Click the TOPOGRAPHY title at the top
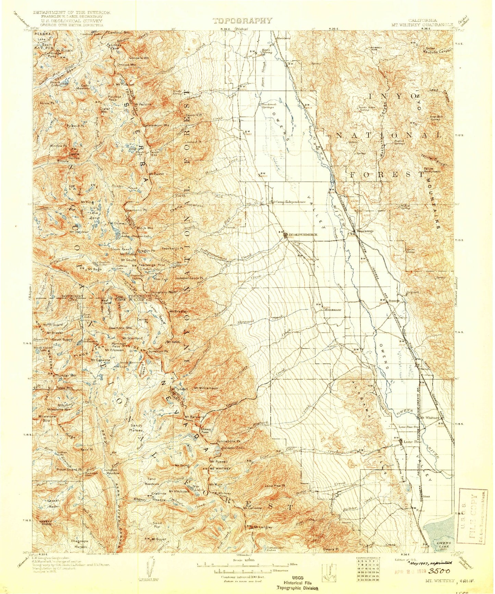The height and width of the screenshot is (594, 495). point(242,21)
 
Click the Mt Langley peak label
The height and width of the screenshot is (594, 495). point(263,527)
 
